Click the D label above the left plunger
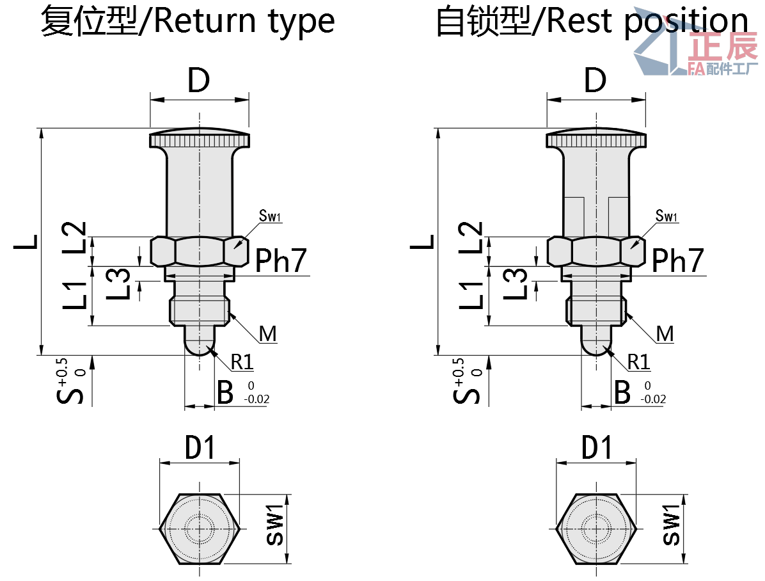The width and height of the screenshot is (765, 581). (x=199, y=81)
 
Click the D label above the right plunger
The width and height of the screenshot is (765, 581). (x=595, y=81)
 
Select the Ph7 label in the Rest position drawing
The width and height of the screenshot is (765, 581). (x=678, y=260)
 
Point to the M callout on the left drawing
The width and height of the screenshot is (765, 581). (x=268, y=333)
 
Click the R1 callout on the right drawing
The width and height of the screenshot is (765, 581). (x=638, y=362)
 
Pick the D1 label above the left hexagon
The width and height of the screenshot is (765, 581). (x=200, y=448)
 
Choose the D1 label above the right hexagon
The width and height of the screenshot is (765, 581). (x=597, y=448)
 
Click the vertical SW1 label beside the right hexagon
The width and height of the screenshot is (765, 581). (x=672, y=525)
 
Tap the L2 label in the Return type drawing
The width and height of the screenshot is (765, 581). (x=74, y=237)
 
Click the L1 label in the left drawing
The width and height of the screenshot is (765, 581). (x=74, y=296)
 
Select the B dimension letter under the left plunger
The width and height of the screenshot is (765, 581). (x=225, y=392)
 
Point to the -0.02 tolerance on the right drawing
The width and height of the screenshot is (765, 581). (x=653, y=399)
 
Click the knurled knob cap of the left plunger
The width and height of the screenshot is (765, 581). (x=200, y=139)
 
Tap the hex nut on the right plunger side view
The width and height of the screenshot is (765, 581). (x=595, y=251)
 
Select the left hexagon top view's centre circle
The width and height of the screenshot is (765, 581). (x=199, y=529)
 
